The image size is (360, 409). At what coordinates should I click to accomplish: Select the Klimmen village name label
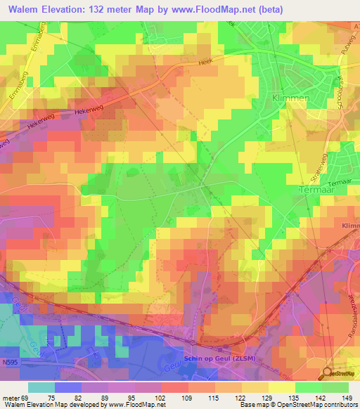[290, 99]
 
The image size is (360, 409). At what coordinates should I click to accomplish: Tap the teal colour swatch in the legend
[41, 387]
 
